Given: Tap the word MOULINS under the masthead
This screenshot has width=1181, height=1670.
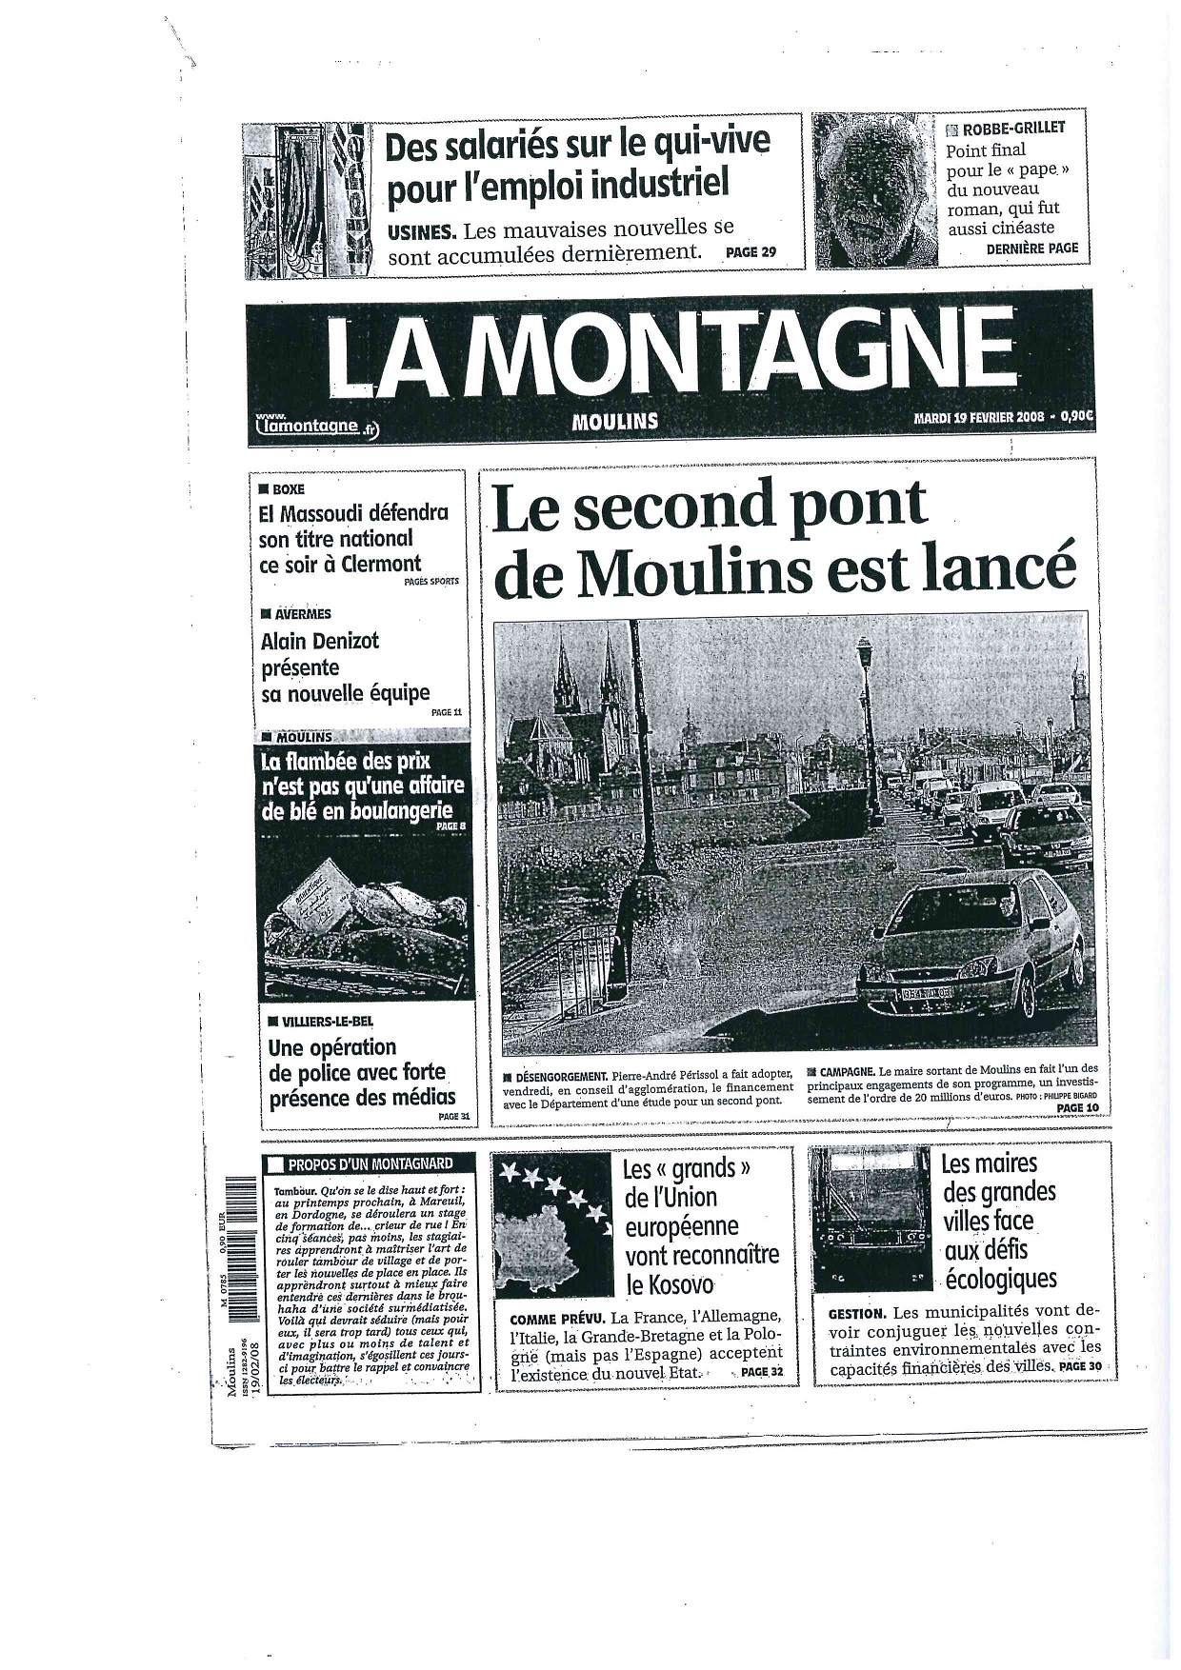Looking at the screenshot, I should (614, 421).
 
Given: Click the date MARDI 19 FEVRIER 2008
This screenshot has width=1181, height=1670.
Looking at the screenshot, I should (978, 417).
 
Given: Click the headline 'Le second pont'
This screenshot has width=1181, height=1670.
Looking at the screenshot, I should (709, 506).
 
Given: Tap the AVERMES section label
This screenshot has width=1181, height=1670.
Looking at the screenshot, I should (301, 614).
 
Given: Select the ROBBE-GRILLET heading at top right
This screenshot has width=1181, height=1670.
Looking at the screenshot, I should (1013, 128).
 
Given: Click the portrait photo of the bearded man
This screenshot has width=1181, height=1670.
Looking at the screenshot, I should (875, 189).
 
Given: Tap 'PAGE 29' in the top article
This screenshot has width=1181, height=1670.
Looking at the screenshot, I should (751, 252).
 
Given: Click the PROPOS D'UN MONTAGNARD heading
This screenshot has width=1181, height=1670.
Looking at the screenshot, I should (370, 1163).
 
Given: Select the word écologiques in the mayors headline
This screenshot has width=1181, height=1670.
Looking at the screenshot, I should (1000, 1278).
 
